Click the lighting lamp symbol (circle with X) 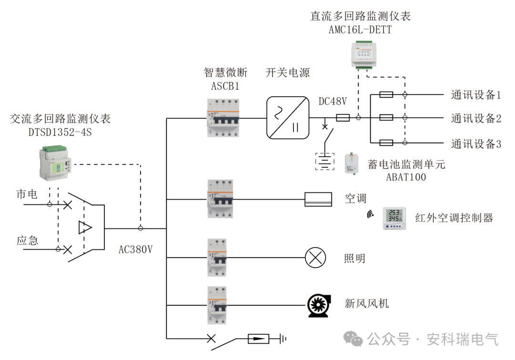(x=315, y=258)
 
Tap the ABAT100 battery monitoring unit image (x=352, y=164)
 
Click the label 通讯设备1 (x=476, y=95)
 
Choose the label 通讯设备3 (x=476, y=144)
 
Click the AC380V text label (x=136, y=249)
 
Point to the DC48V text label (x=332, y=101)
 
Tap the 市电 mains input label (x=27, y=194)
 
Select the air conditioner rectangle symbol (x=318, y=199)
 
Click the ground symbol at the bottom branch (x=283, y=339)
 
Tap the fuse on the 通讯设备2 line (x=386, y=117)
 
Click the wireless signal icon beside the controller (x=370, y=215)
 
